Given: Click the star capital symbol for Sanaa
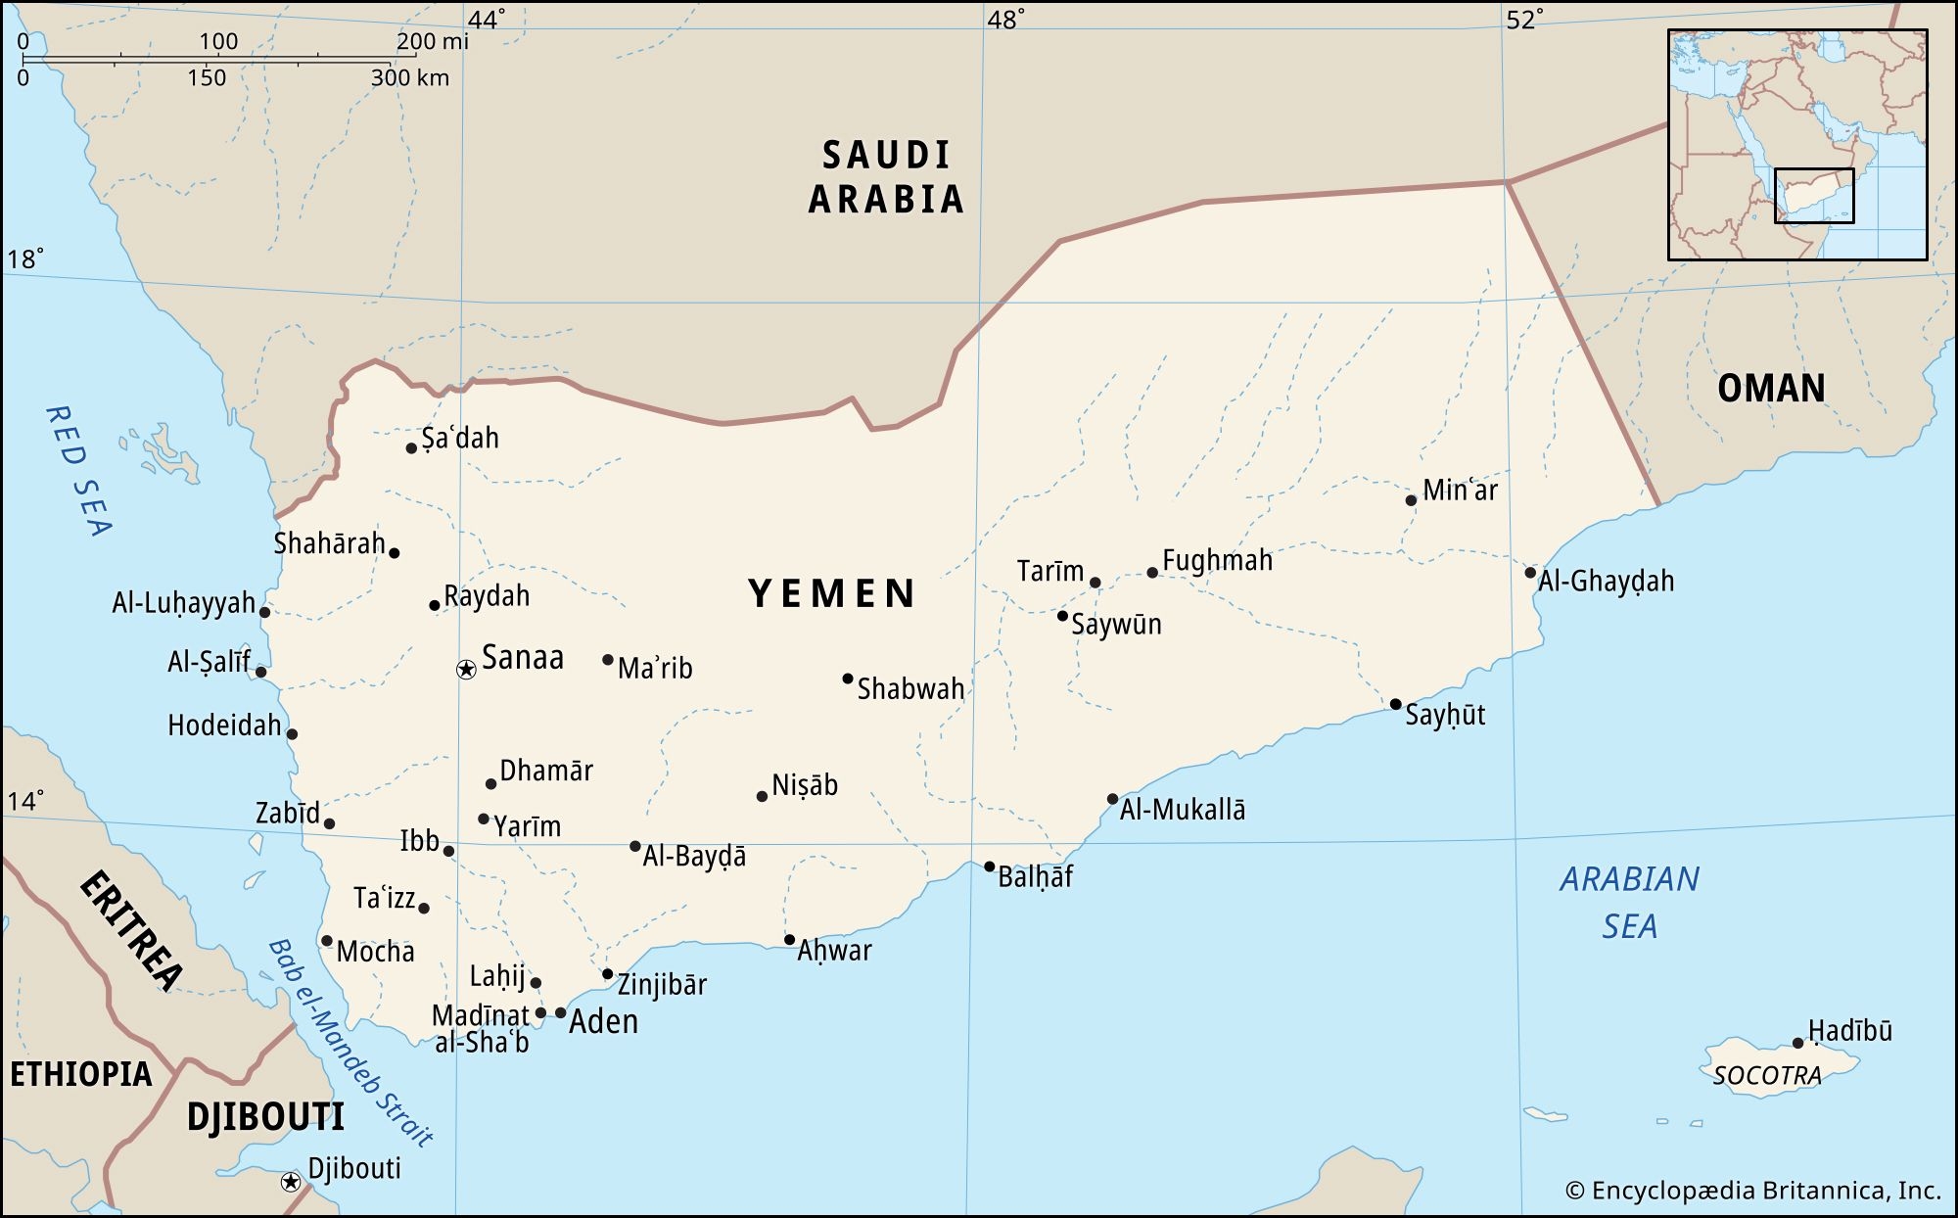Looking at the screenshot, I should pos(466,670).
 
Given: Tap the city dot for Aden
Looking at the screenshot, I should pos(561,1013).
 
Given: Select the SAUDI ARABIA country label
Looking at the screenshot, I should pos(886,177).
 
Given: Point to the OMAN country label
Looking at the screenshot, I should pos(1771,389).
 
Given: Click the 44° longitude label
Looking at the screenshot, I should pos(487,21).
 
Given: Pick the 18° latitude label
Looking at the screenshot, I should pos(25,259).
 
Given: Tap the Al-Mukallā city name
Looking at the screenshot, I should pos(1183,810).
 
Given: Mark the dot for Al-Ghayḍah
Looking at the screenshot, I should pos(1530,573).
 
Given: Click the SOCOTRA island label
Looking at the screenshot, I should pos(1767,1076).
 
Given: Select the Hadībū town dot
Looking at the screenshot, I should pos(1797,1044).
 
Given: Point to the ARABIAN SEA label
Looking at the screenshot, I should pos(1629,902).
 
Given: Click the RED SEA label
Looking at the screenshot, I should pos(78,471).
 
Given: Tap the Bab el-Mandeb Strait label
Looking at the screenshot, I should pos(350,1043).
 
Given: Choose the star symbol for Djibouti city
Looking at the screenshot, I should pos(290,1182).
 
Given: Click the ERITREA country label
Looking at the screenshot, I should pos(131,930).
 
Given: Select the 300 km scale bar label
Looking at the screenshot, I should pos(409,78).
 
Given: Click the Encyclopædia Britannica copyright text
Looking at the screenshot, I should pos(1752,1191).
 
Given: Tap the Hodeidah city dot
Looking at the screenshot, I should pos(292,734).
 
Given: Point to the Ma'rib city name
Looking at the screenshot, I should pos(655,669).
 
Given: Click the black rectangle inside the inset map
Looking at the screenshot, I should pos(1814,196).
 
